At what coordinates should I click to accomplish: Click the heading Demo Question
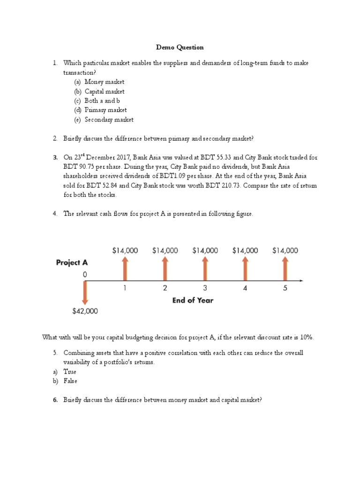[180, 47]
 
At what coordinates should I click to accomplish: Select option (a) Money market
[104, 82]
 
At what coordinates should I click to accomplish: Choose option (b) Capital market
[104, 91]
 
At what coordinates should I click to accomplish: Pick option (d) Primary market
[105, 110]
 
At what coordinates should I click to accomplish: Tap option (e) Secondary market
[109, 120]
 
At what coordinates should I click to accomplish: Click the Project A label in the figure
[72, 262]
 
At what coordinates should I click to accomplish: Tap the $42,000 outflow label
[85, 311]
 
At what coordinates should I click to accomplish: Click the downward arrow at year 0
[85, 293]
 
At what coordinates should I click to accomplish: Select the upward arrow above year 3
[205, 269]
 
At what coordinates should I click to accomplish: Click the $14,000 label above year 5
[285, 251]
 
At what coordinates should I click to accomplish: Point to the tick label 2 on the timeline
[165, 289]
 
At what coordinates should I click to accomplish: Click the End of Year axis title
[192, 300]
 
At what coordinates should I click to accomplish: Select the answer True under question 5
[70, 372]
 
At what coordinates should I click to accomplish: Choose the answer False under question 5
[70, 381]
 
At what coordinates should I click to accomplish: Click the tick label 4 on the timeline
[245, 289]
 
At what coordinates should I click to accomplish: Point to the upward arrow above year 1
[125, 269]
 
